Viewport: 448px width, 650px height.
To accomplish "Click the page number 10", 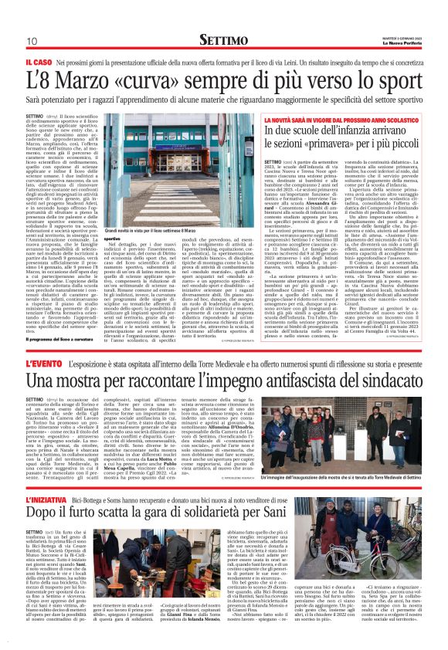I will pos(32,41).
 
